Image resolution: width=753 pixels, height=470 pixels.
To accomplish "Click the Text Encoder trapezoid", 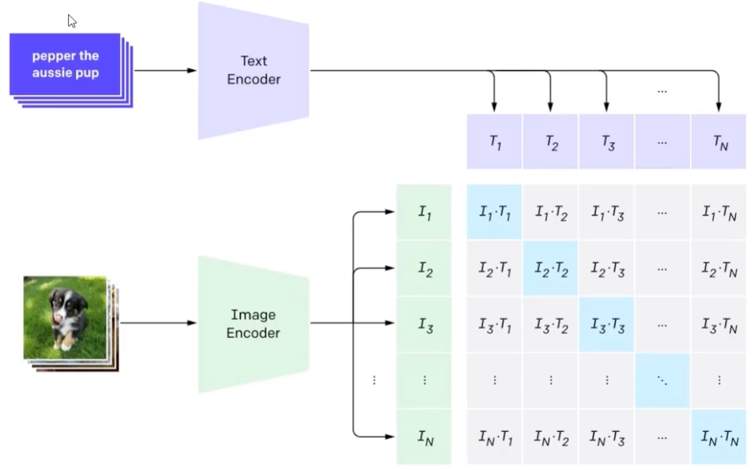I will pyautogui.click(x=253, y=70).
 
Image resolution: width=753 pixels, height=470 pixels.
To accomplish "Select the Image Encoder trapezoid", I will pyautogui.click(x=253, y=324).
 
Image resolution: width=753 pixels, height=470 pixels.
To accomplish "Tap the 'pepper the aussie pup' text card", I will pyautogui.click(x=65, y=64).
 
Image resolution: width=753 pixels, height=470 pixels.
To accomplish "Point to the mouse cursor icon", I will pyautogui.click(x=72, y=21).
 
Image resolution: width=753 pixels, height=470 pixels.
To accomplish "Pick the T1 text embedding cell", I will pyautogui.click(x=494, y=142).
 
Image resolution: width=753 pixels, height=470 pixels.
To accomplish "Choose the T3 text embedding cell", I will pyautogui.click(x=606, y=142).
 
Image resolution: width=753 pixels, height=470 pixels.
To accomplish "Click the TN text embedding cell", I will pyautogui.click(x=719, y=142).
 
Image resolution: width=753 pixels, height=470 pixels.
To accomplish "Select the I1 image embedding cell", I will pyautogui.click(x=424, y=212).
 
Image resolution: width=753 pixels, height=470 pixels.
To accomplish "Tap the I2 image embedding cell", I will pyautogui.click(x=424, y=269).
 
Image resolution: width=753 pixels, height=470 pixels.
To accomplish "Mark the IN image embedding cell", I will pyautogui.click(x=424, y=437).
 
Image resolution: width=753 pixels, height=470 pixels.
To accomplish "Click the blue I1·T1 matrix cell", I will pyautogui.click(x=494, y=212).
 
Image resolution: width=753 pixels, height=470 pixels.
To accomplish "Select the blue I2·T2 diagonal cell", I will pyautogui.click(x=550, y=269).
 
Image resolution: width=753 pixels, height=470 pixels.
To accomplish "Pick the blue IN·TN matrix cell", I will pyautogui.click(x=719, y=437).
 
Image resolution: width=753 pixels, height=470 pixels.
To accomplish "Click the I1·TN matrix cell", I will pyautogui.click(x=719, y=212).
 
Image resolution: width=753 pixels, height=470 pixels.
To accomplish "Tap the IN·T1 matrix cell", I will pyautogui.click(x=494, y=437).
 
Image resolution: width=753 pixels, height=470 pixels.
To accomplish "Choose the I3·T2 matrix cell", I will pyautogui.click(x=550, y=324).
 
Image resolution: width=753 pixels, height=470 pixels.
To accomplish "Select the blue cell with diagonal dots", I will pyautogui.click(x=662, y=380).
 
